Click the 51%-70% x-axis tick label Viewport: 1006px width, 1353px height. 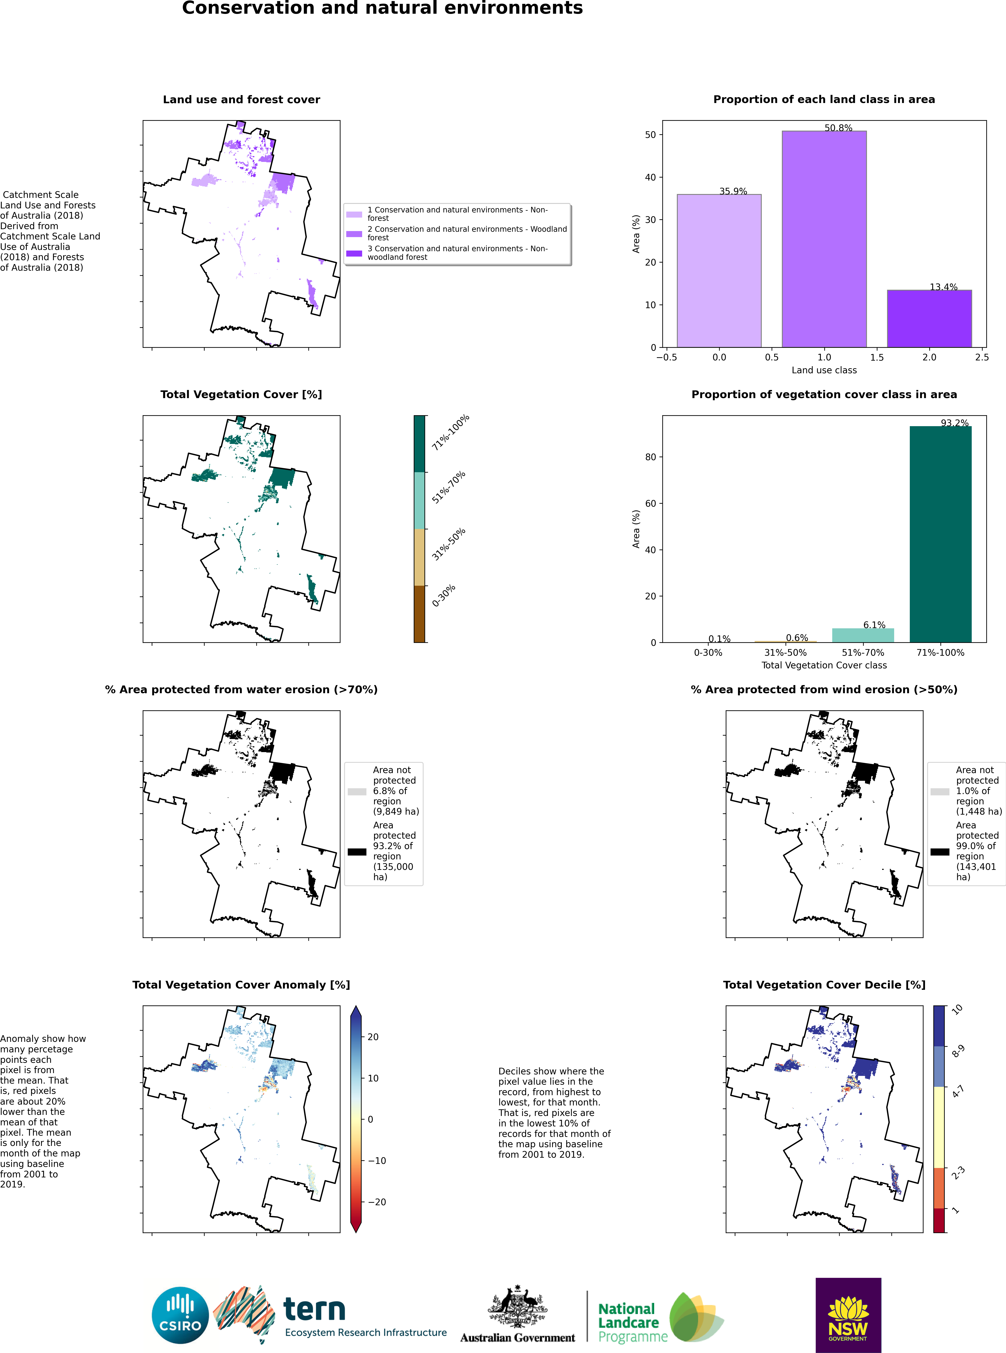point(863,653)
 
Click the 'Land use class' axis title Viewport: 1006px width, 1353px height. point(824,370)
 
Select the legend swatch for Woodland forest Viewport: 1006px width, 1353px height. point(354,234)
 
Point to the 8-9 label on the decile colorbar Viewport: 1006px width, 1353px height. point(958,1051)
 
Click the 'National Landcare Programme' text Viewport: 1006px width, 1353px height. point(628,1323)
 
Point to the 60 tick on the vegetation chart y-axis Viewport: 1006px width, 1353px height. point(651,503)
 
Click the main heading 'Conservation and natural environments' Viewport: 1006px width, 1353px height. point(382,9)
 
